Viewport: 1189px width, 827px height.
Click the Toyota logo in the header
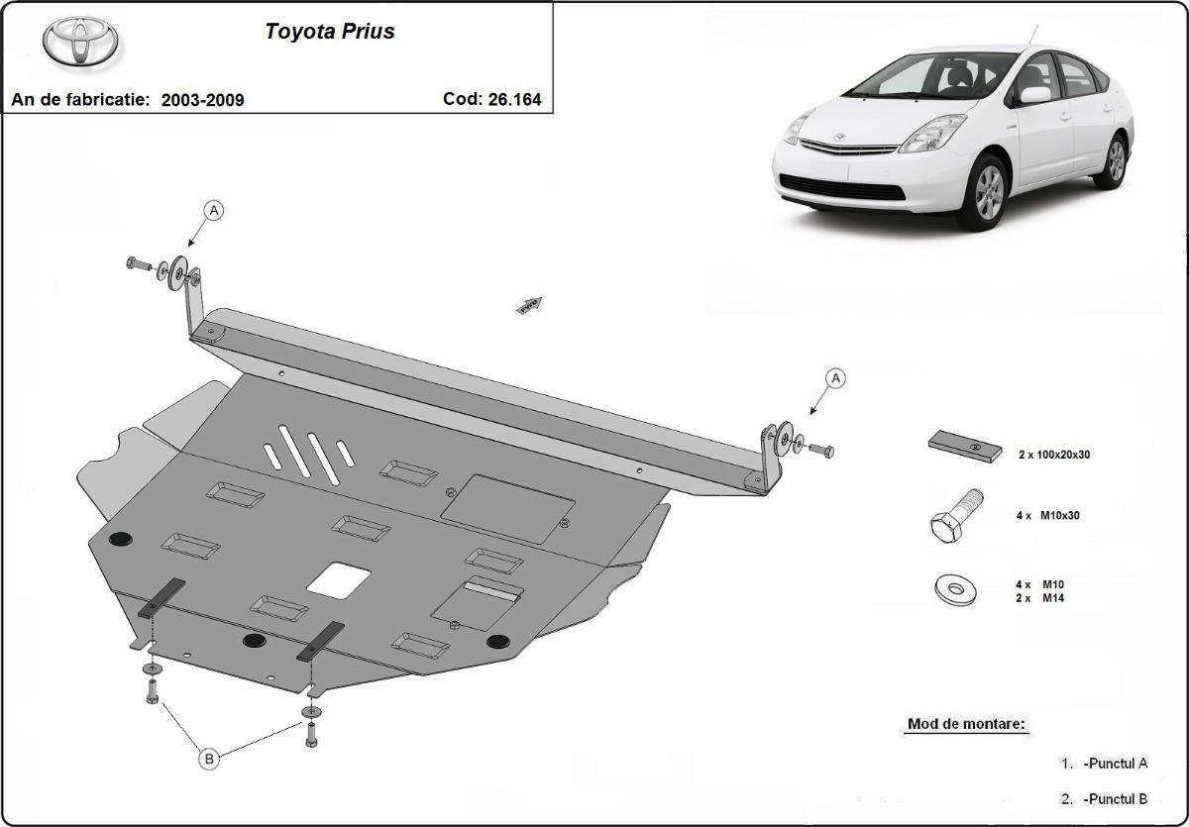pos(80,43)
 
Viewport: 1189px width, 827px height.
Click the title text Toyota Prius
pos(329,32)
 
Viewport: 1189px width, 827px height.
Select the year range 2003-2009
pos(202,100)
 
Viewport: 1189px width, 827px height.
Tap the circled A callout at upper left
pos(215,210)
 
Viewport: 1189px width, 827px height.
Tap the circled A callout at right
pos(835,377)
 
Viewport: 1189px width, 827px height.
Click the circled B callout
pos(209,759)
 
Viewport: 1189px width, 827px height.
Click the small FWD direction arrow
pos(529,304)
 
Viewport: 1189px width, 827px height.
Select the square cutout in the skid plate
pos(339,578)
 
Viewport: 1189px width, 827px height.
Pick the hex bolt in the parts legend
pos(956,513)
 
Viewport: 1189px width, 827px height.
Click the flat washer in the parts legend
pos(955,590)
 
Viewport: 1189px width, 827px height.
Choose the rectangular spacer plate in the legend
pos(964,447)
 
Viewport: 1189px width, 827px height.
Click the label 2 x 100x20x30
pos(1054,455)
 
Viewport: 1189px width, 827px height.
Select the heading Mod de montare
pos(967,724)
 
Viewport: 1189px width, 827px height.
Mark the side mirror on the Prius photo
pos(1035,95)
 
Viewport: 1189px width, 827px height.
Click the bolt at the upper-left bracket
pos(137,263)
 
